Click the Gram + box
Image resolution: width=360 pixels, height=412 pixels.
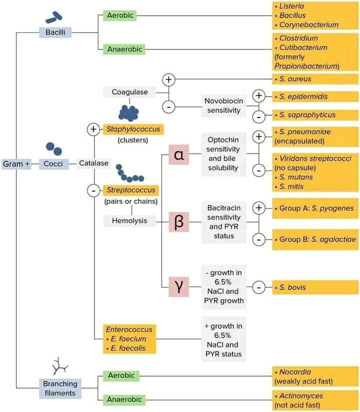pyautogui.click(x=16, y=164)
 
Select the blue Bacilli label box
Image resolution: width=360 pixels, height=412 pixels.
pyautogui.click(x=55, y=32)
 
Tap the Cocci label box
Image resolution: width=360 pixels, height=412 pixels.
pyautogui.click(x=53, y=163)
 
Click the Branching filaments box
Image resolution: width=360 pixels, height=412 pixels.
pyautogui.click(x=60, y=388)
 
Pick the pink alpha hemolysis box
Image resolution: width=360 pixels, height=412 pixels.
pyautogui.click(x=178, y=154)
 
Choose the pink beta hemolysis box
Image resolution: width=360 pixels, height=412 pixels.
pyautogui.click(x=178, y=222)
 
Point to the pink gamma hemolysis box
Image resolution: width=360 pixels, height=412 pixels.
pyautogui.click(x=178, y=286)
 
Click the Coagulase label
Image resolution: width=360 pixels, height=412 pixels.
pyautogui.click(x=129, y=92)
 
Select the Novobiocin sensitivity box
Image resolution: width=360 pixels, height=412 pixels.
pyautogui.click(x=224, y=105)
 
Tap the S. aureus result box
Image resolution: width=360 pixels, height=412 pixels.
pyautogui.click(x=315, y=79)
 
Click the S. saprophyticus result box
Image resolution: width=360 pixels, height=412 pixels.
pyautogui.click(x=315, y=115)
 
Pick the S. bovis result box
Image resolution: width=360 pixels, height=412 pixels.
pyautogui.click(x=315, y=287)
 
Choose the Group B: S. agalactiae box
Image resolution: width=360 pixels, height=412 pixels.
pyautogui.click(x=315, y=239)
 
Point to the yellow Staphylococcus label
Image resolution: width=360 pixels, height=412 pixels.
pyautogui.click(x=133, y=129)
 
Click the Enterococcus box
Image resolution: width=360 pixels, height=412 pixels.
pyautogui.click(x=129, y=339)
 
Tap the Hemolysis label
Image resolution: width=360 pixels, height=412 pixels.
pyautogui.click(x=129, y=220)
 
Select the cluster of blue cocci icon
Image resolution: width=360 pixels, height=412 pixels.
pyautogui.click(x=129, y=113)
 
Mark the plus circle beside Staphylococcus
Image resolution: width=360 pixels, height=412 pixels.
pyautogui.click(x=93, y=129)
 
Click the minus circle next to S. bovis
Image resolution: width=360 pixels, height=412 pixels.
pyautogui.click(x=259, y=287)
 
